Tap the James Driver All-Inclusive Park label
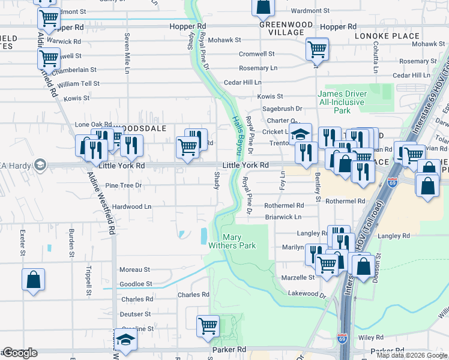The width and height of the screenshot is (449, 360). point(342,102)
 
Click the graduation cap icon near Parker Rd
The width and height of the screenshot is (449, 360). point(125,340)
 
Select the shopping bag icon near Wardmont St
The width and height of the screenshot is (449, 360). point(264,8)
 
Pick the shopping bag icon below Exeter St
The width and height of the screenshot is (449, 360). point(34,280)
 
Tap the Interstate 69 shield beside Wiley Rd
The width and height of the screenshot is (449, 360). point(342,340)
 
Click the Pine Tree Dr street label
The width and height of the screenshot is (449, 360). point(122,186)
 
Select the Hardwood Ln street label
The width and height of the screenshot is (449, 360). point(132,206)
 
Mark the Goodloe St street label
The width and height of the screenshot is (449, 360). point(135,284)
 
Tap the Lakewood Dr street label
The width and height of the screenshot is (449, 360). point(306,294)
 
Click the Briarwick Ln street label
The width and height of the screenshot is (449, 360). point(283,217)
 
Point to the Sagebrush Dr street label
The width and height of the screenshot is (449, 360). point(282,109)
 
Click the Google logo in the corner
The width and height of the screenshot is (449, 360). point(20,353)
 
